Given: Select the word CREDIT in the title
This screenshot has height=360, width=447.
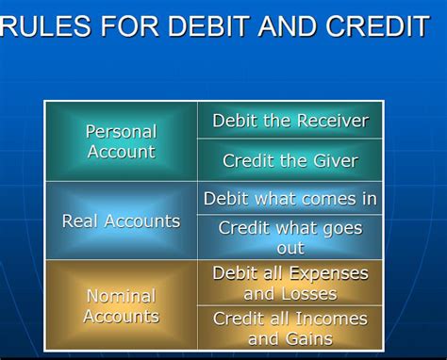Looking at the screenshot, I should pyautogui.click(x=375, y=25).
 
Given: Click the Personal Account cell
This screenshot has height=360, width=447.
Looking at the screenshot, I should pyautogui.click(x=121, y=141).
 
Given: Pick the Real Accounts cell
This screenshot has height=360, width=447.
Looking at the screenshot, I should pyautogui.click(x=121, y=221).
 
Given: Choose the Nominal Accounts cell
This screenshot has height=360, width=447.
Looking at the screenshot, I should pyautogui.click(x=121, y=306).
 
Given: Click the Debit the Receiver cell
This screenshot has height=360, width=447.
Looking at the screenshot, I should pyautogui.click(x=290, y=121).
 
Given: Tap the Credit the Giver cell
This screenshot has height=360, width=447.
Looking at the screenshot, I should pyautogui.click(x=290, y=161).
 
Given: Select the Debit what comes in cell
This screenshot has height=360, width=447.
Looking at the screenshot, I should pyautogui.click(x=290, y=199).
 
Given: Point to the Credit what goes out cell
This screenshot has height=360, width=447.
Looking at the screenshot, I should pyautogui.click(x=290, y=237).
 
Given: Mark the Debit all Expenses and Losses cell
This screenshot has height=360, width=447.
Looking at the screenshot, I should pyautogui.click(x=290, y=283).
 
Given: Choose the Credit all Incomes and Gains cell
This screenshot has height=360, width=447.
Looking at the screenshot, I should pyautogui.click(x=290, y=328).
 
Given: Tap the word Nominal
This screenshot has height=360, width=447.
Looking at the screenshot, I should pyautogui.click(x=121, y=296).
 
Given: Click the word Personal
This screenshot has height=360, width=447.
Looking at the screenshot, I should pyautogui.click(x=121, y=131).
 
